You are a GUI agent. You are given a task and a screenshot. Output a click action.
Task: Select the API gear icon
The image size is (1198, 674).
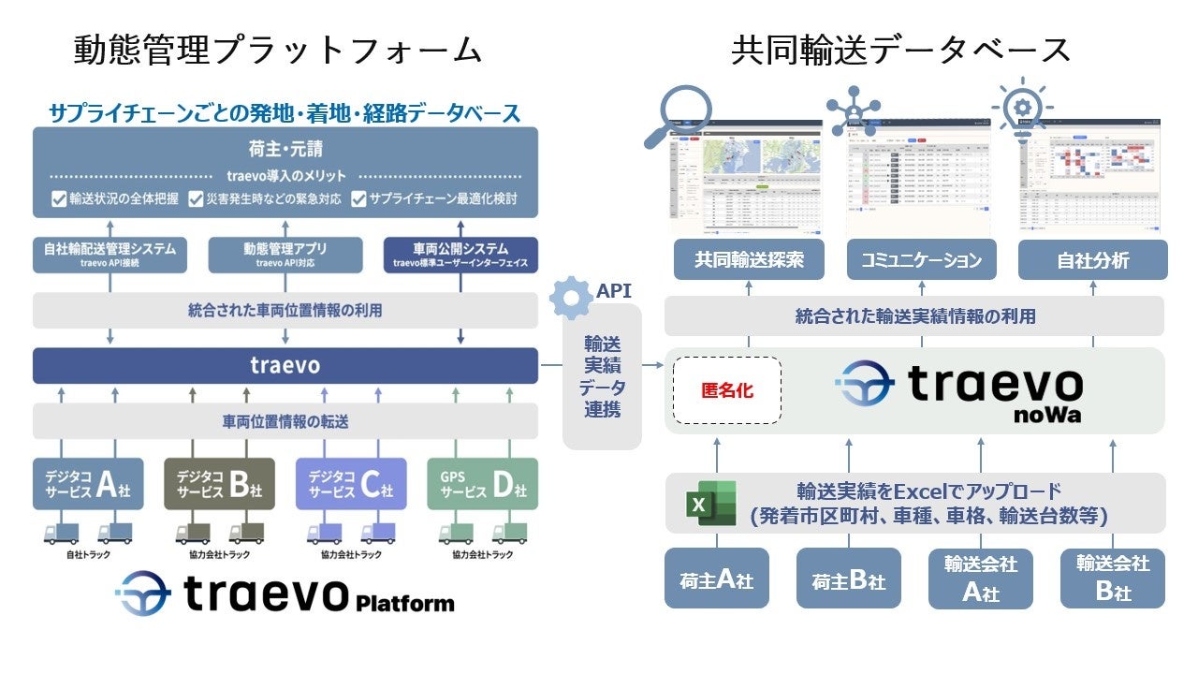point(571,299)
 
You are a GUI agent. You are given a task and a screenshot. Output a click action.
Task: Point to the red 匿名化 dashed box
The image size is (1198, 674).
point(726,390)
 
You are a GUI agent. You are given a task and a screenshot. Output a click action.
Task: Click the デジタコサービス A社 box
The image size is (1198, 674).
point(88,483)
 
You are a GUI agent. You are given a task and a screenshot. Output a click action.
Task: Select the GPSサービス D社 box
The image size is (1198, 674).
point(482,483)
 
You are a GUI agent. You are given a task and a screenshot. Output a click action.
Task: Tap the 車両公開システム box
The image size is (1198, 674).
point(460,255)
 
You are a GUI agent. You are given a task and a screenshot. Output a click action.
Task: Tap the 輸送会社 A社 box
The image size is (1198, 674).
point(980,579)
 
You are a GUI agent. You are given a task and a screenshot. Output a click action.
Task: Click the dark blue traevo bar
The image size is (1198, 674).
point(285,365)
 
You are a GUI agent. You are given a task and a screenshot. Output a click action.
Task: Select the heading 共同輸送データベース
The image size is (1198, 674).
point(900,50)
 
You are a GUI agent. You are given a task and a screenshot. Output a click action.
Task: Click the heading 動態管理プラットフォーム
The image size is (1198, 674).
point(278,50)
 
